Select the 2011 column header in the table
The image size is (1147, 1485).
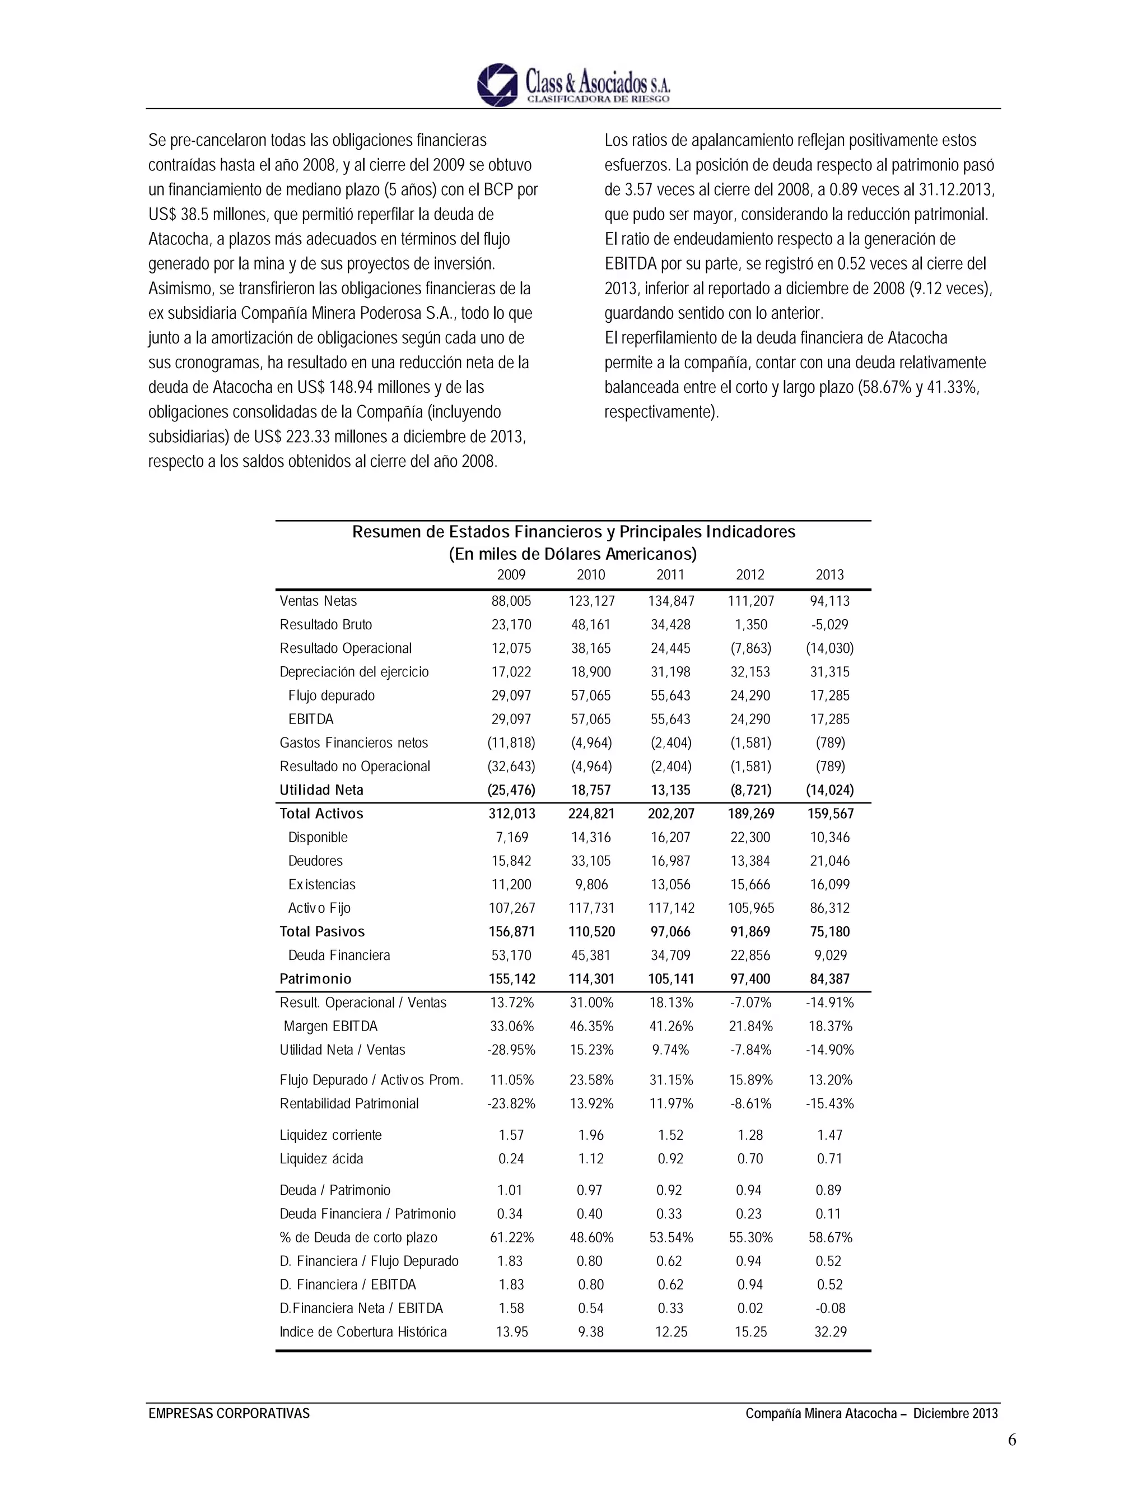tap(670, 574)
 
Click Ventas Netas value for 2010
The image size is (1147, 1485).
tap(590, 601)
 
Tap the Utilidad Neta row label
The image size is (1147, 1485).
tap(321, 790)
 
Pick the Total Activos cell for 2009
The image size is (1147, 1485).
tap(511, 814)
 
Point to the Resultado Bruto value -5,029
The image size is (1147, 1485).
tap(829, 625)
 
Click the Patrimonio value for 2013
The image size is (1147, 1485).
tap(829, 979)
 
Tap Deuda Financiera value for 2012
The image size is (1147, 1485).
tap(750, 955)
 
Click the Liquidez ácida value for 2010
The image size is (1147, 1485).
tap(590, 1159)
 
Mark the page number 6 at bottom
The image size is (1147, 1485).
tap(1012, 1440)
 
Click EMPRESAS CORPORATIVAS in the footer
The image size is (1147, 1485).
tap(229, 1414)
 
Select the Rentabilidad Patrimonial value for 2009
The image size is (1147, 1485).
tap(511, 1103)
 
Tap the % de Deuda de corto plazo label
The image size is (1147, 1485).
tap(358, 1237)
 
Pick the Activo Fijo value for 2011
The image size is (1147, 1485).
tap(670, 908)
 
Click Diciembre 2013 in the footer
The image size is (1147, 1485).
tap(955, 1414)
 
